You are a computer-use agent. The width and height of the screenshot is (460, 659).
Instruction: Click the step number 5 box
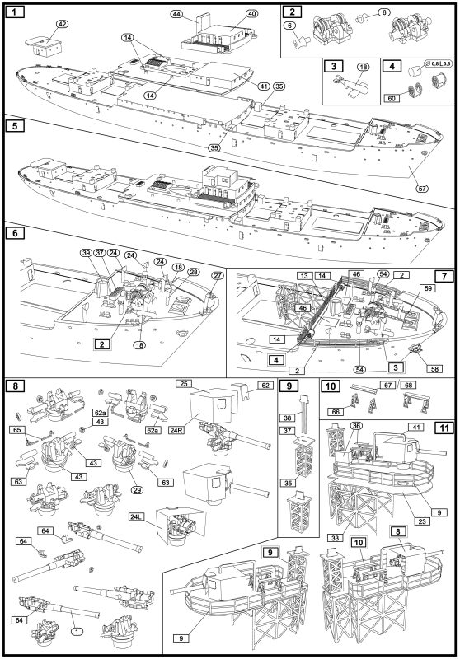16,126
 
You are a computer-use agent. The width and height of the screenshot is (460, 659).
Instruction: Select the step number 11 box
445,428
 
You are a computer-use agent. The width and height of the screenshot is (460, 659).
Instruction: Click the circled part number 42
61,25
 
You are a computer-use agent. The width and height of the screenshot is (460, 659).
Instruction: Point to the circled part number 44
177,14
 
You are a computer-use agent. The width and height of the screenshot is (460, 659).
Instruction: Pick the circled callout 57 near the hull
422,189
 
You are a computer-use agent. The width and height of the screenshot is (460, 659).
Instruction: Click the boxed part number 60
392,98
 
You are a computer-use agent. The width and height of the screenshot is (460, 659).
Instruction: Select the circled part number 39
87,253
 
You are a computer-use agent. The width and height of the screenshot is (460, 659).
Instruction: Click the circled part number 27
217,276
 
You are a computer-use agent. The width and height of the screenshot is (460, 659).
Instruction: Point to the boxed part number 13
304,276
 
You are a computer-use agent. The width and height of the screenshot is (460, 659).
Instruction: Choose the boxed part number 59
428,288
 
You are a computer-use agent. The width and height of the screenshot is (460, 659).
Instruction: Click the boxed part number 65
17,430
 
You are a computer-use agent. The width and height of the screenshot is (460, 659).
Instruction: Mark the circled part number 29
138,490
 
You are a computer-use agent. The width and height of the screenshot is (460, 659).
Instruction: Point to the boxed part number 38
288,418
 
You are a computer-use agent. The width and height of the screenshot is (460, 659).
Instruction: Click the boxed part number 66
336,412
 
